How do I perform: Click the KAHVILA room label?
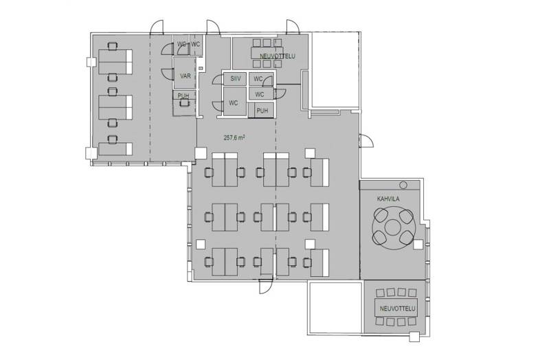(388, 199)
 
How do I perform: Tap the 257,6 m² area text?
(234, 137)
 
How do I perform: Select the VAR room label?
(185, 76)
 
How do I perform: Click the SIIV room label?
(236, 79)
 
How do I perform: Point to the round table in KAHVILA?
(393, 227)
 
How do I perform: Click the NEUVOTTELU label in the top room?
(278, 56)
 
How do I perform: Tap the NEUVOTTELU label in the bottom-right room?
(397, 308)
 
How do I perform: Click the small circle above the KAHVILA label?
(403, 185)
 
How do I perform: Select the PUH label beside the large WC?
(262, 111)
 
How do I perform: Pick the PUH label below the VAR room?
(183, 95)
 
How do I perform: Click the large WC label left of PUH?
(234, 102)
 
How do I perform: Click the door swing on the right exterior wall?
(366, 140)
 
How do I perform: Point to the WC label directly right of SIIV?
(258, 79)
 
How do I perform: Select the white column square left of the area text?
(201, 153)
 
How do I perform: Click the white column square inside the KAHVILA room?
(418, 245)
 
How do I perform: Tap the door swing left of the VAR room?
(168, 74)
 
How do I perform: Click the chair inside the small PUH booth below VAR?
(184, 103)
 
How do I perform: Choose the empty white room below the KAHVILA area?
(335, 307)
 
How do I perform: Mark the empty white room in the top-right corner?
(336, 69)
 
